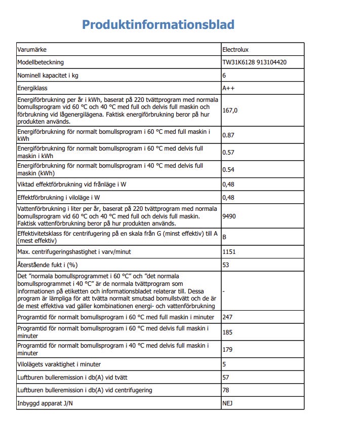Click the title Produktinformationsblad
[x=158, y=25]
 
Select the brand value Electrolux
[x=235, y=50]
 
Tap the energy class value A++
[x=228, y=88]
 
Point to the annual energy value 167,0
[x=230, y=110]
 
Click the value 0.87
[x=228, y=135]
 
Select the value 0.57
[x=228, y=153]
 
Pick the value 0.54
[x=228, y=170]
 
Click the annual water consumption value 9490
[x=229, y=216]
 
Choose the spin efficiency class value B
[x=224, y=237]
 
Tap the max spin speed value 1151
[x=229, y=251]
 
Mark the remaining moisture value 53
[x=226, y=265]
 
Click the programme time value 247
[x=227, y=317]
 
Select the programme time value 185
[x=227, y=332]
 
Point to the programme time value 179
[x=227, y=350]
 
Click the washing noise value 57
[x=226, y=378]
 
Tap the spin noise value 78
[x=226, y=390]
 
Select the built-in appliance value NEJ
[x=227, y=403]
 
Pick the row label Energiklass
[x=32, y=88]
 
